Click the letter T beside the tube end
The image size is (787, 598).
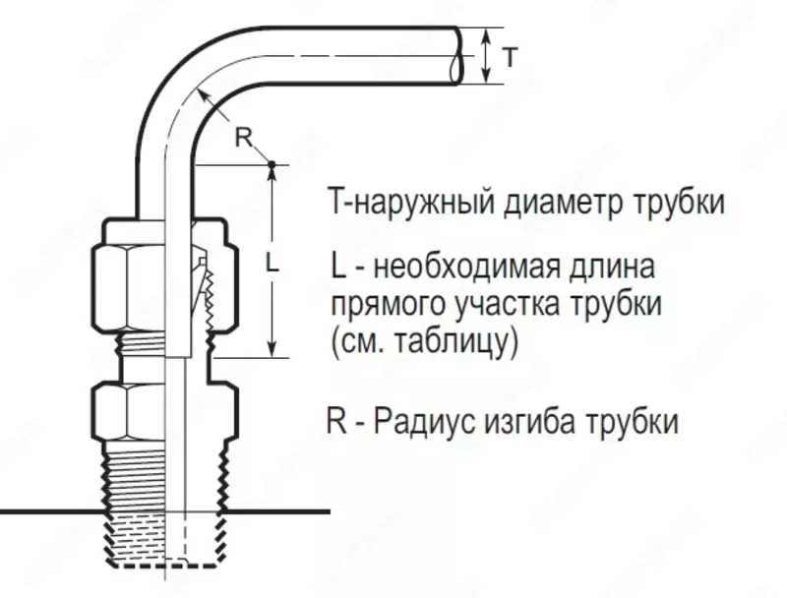(x=508, y=58)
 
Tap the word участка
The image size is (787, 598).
(x=506, y=305)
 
